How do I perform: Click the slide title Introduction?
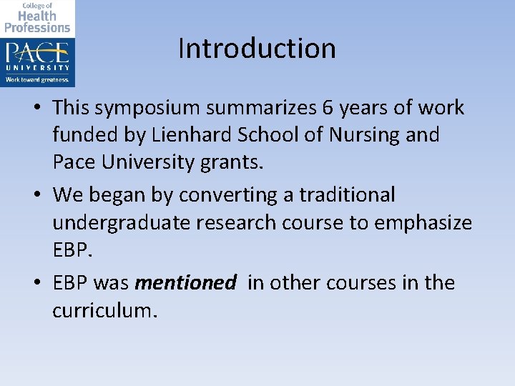(x=257, y=49)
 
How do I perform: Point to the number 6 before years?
(x=328, y=107)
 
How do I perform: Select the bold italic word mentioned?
(x=185, y=283)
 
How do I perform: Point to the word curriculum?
(x=103, y=311)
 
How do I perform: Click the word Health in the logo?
(x=37, y=16)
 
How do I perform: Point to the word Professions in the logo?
(x=37, y=28)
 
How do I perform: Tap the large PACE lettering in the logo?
(x=37, y=54)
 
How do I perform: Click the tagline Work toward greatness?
(x=37, y=79)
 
